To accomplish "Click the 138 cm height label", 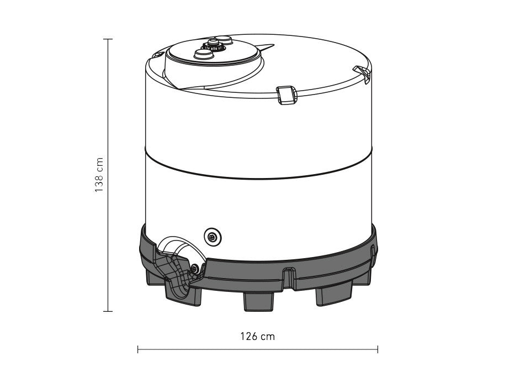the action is [99, 175].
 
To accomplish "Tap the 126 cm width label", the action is [257, 336].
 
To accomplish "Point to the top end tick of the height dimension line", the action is [108, 39].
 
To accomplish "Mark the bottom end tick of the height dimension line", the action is [108, 311].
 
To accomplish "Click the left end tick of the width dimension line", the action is [138, 349].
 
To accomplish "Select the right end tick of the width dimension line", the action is [378, 349].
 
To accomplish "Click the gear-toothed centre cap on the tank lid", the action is [214, 45].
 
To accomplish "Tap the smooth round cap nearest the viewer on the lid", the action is [204, 54].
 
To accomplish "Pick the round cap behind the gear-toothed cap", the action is [224, 40].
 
